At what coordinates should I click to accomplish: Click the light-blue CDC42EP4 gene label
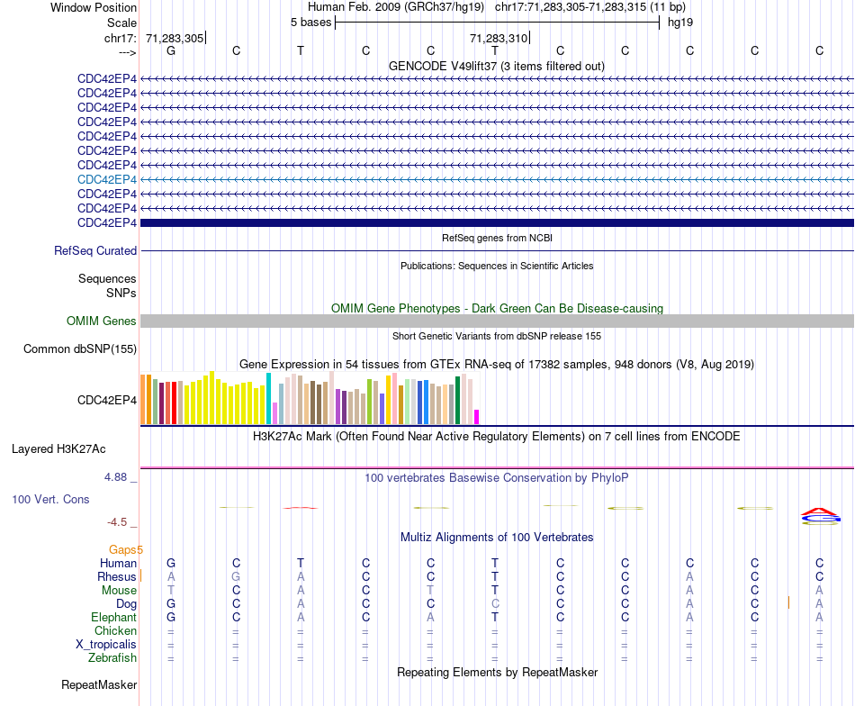click(x=107, y=179)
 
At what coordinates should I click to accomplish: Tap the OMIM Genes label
click(x=102, y=321)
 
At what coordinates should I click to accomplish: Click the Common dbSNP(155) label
click(x=80, y=349)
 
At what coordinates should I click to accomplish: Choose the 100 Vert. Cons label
click(x=50, y=499)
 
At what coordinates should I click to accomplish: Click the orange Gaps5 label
click(x=126, y=549)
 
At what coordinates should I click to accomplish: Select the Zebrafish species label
click(x=113, y=658)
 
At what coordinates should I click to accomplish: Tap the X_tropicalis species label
click(x=106, y=645)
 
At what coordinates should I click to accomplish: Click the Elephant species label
click(x=113, y=618)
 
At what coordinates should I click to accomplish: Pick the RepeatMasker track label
click(x=99, y=685)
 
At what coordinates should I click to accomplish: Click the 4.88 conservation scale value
click(x=121, y=477)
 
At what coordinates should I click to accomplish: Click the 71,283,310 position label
click(x=499, y=39)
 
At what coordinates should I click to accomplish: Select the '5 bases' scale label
click(x=310, y=23)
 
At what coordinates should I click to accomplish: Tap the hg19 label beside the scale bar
click(x=679, y=23)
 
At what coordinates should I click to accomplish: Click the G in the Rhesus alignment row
click(x=236, y=576)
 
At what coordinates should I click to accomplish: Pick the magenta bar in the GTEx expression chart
click(x=477, y=417)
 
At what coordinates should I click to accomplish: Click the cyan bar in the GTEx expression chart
click(x=269, y=398)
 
